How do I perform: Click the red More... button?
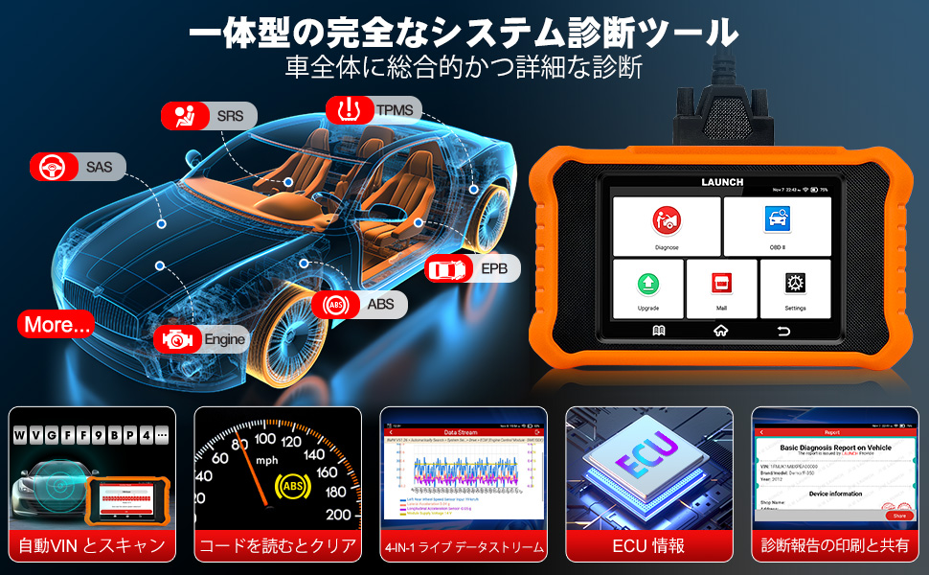(x=58, y=325)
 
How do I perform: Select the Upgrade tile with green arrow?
(x=647, y=288)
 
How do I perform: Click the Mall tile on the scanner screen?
(x=721, y=288)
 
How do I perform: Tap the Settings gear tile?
(x=795, y=288)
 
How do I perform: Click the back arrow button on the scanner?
(x=784, y=331)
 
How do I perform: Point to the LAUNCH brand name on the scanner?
(x=721, y=182)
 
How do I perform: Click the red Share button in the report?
(x=898, y=516)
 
